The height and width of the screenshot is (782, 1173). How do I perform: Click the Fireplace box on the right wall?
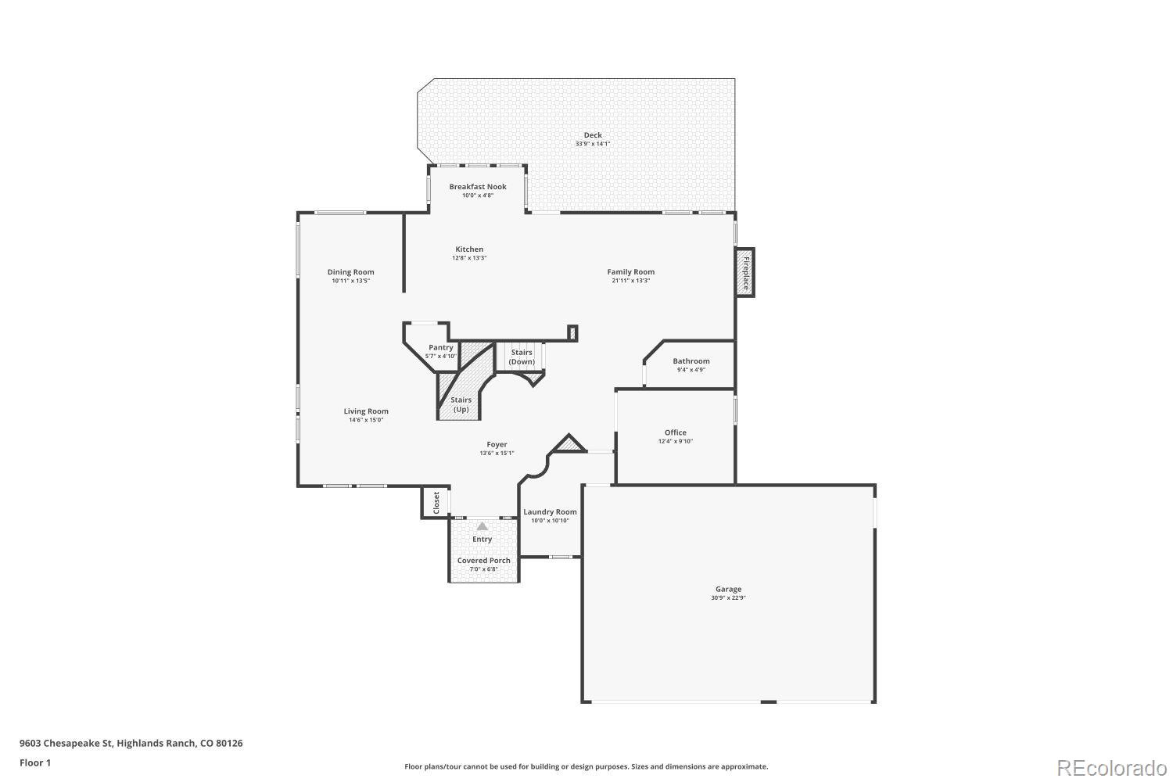coord(744,272)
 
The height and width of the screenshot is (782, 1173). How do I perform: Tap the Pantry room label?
coord(441,347)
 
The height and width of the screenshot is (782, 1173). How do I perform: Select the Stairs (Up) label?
coord(461,404)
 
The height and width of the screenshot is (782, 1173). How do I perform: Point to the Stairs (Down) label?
coord(522,357)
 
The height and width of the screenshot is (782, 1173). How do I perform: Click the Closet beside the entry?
coord(436,502)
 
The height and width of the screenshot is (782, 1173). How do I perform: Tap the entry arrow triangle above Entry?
coord(482,526)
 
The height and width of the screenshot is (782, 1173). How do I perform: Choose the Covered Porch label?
coord(483,560)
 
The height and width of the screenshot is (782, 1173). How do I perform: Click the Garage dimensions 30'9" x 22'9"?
coord(728,598)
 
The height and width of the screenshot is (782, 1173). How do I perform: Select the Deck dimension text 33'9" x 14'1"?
coord(593,144)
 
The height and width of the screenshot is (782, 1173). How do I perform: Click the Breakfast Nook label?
coord(477,186)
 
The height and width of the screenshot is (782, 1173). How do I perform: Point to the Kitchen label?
coord(469,249)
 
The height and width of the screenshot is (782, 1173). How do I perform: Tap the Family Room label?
coord(630,271)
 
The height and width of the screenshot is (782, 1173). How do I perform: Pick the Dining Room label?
coord(350,271)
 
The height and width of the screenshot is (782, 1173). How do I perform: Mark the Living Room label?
coord(366,411)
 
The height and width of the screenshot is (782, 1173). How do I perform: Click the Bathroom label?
coord(691,361)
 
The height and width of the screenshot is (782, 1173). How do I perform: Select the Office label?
coord(675,432)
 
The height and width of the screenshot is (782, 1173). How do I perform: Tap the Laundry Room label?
coord(550,511)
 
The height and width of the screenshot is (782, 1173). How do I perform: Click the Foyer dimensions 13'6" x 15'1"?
coord(497,453)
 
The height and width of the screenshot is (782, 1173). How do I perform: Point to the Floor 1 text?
coord(35,762)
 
